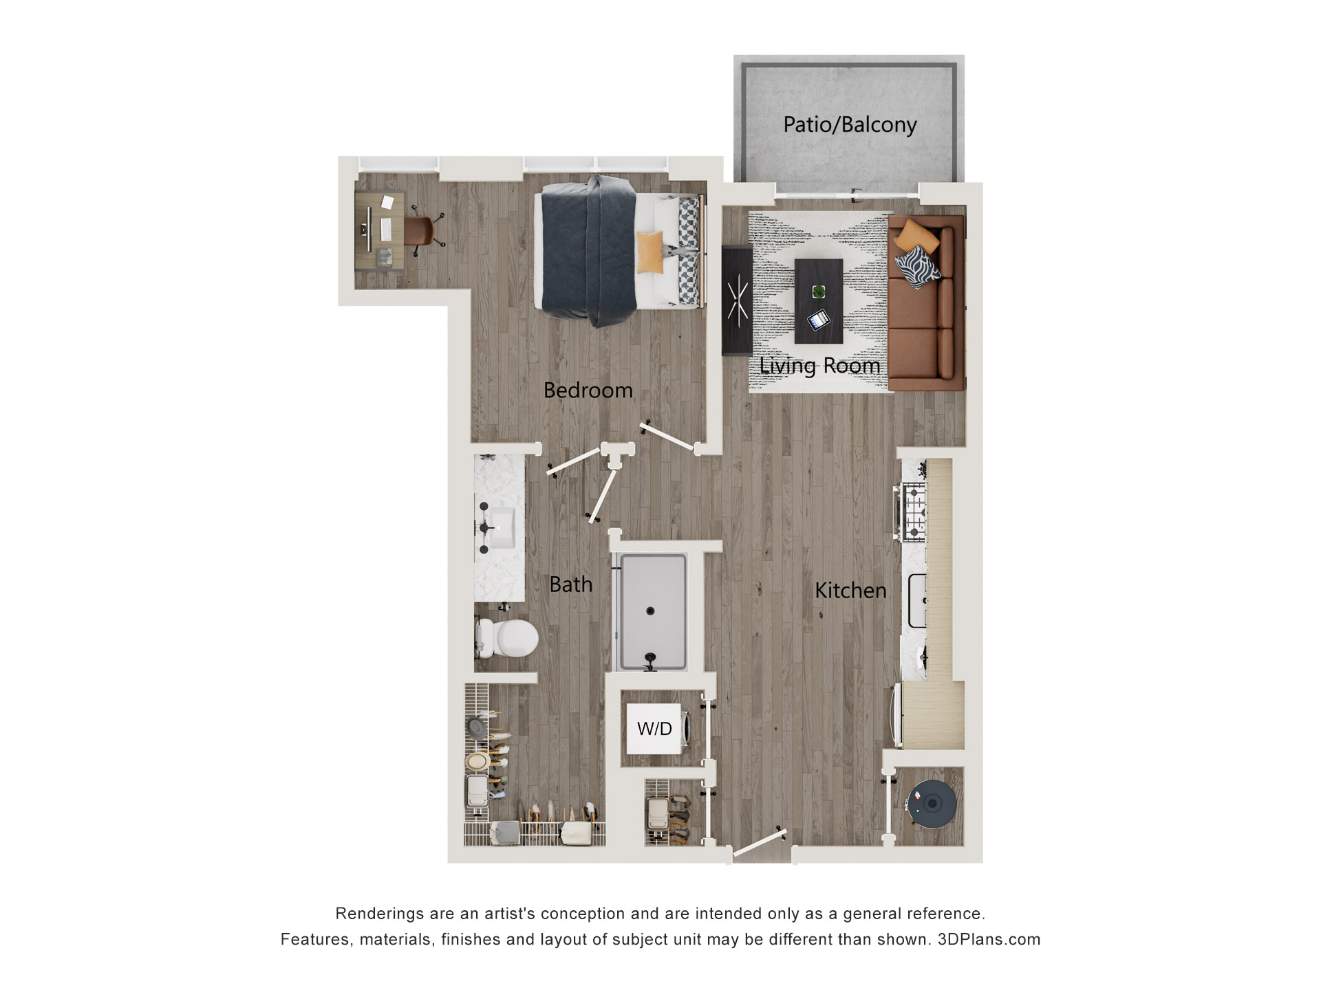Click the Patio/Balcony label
tap(850, 125)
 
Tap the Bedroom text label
tap(588, 390)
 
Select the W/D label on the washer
tap(654, 729)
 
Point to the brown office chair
tap(419, 230)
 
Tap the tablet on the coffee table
tap(818, 320)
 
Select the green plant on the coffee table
tap(819, 291)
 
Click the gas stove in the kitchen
tap(914, 511)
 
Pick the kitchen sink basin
tap(918, 601)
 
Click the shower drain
tap(650, 610)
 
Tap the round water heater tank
tap(932, 803)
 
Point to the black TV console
tap(737, 300)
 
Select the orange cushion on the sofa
tap(916, 236)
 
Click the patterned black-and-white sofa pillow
tap(918, 267)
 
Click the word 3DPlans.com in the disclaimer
tap(989, 940)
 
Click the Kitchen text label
tap(850, 591)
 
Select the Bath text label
tap(570, 584)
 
